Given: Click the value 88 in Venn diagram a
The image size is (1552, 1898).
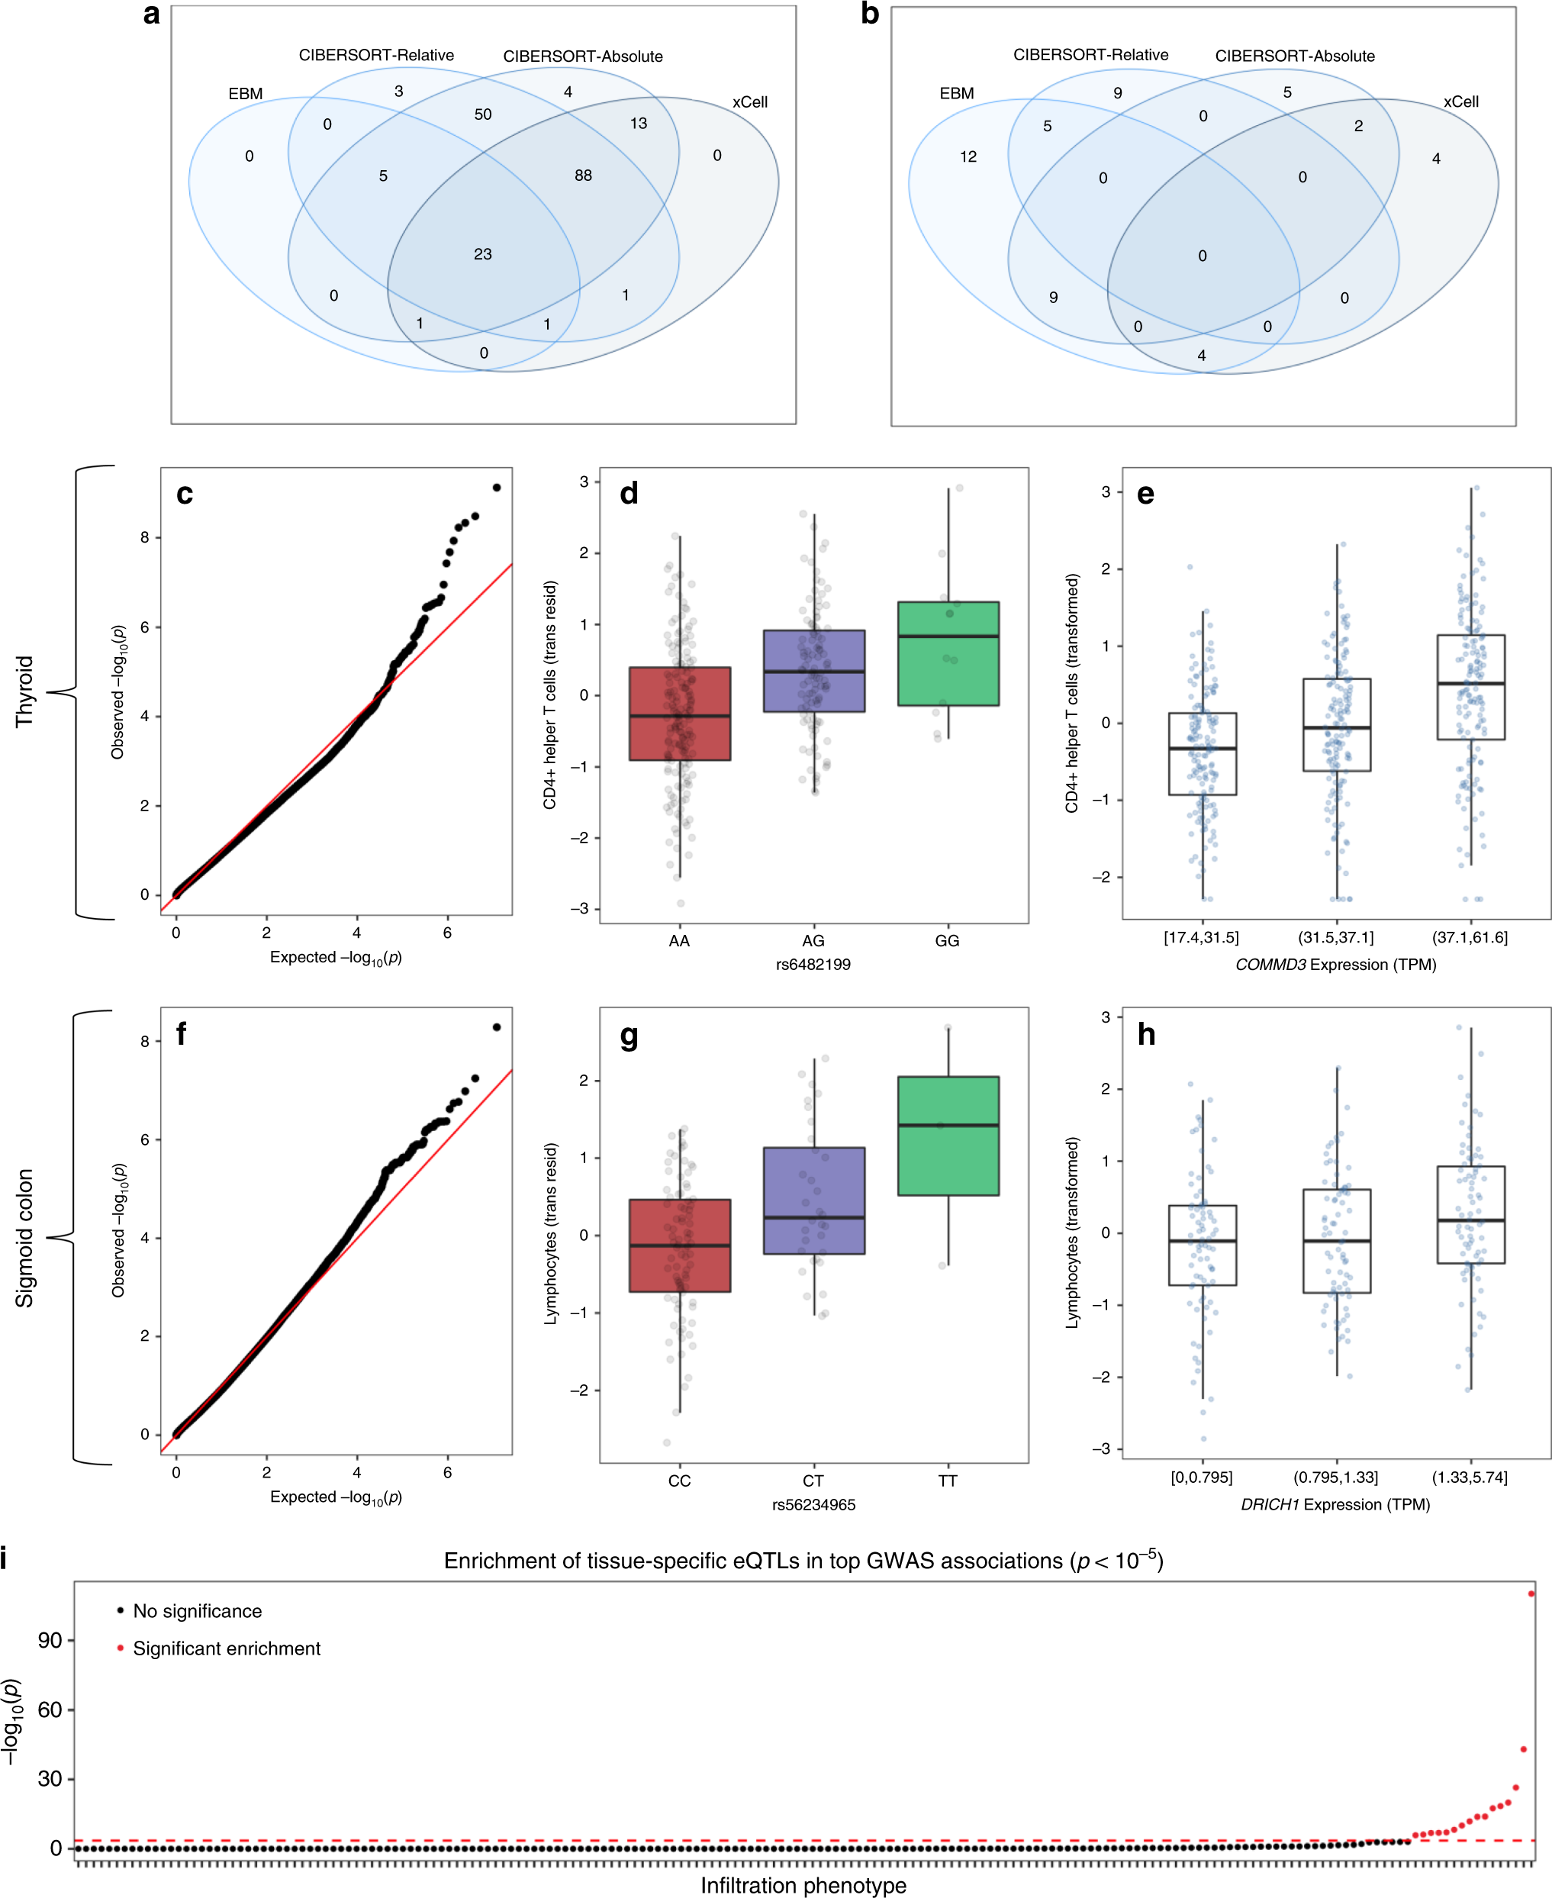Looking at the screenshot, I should pyautogui.click(x=583, y=176).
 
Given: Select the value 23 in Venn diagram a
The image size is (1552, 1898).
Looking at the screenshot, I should pyautogui.click(x=483, y=254).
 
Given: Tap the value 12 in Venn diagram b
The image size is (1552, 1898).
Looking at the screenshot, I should pyautogui.click(x=968, y=156).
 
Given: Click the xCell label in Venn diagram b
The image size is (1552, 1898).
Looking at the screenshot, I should pyautogui.click(x=1460, y=102).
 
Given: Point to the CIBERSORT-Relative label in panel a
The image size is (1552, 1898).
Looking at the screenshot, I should pyautogui.click(x=376, y=56).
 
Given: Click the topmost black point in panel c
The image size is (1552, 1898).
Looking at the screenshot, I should pyautogui.click(x=497, y=487).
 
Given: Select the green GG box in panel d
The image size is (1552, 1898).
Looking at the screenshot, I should pyautogui.click(x=948, y=653).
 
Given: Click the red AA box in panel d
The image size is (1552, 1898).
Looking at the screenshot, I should pyautogui.click(x=679, y=714).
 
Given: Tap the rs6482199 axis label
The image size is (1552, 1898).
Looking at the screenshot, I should pyautogui.click(x=813, y=965).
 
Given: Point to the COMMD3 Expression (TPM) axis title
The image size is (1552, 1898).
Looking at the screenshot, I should pyautogui.click(x=1335, y=965).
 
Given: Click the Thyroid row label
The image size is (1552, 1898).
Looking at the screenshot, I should pyautogui.click(x=24, y=691).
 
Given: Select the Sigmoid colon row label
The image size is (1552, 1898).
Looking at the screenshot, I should pyautogui.click(x=24, y=1237).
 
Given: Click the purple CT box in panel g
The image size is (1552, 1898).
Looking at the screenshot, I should pyautogui.click(x=813, y=1200).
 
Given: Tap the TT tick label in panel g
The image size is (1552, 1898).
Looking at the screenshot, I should pyautogui.click(x=948, y=1481).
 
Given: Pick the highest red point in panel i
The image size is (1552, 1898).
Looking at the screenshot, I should pyautogui.click(x=1531, y=1593).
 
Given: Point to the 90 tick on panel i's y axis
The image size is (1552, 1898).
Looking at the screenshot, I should pyautogui.click(x=50, y=1641).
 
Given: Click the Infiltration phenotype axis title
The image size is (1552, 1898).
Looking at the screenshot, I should pyautogui.click(x=803, y=1886).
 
